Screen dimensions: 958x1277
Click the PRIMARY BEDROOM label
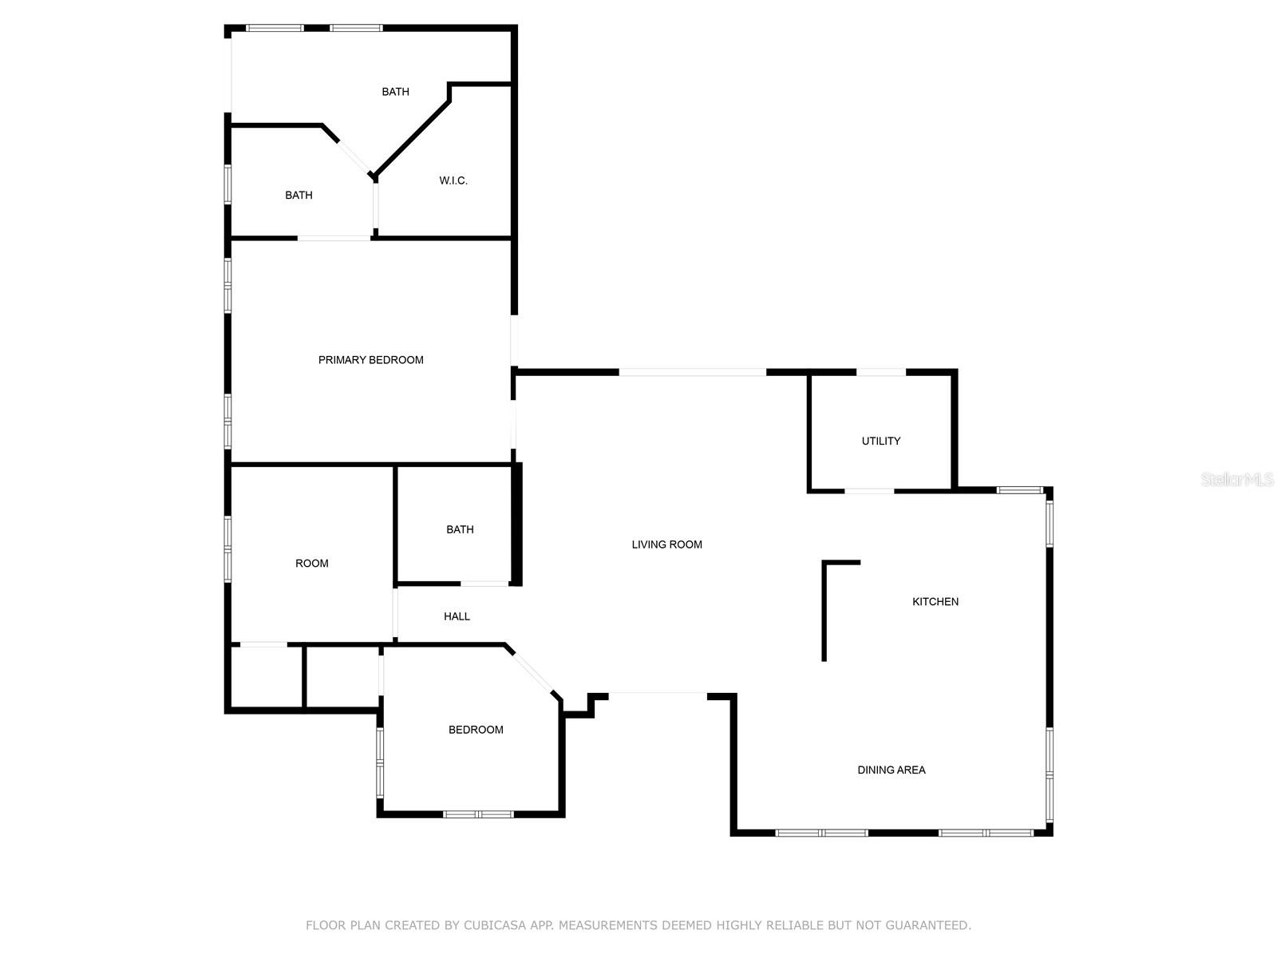[370, 360]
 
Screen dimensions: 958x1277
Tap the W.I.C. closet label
[453, 181]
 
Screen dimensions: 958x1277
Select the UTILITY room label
[881, 441]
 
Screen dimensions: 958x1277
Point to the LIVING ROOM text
[667, 544]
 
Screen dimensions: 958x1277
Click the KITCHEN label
[935, 602]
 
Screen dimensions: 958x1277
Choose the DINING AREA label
[892, 770]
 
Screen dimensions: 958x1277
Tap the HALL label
[457, 616]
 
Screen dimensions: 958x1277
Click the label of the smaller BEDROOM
[476, 730]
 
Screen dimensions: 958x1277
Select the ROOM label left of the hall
[312, 564]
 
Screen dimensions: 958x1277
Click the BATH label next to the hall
[460, 529]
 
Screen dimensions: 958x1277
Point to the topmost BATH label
[395, 92]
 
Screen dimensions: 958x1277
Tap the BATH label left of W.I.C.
[298, 196]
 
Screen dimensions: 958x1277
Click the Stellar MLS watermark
[1236, 480]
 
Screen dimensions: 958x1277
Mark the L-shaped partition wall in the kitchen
[825, 607]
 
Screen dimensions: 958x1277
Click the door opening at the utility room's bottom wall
[869, 490]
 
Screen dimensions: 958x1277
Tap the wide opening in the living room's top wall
[692, 372]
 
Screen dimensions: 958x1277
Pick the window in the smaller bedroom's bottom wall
[478, 814]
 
